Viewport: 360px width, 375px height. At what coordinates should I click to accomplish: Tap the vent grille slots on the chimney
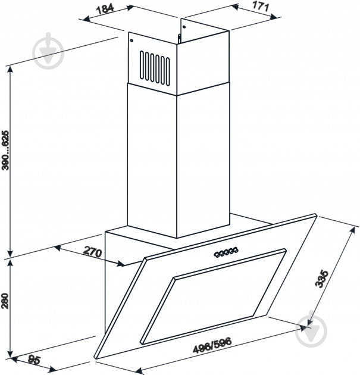[x=154, y=67]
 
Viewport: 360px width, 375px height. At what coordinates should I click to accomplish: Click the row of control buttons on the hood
[x=224, y=253]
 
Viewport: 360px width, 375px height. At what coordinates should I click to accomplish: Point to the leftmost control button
[x=213, y=255]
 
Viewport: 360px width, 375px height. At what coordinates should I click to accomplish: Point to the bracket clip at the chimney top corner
[x=179, y=38]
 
